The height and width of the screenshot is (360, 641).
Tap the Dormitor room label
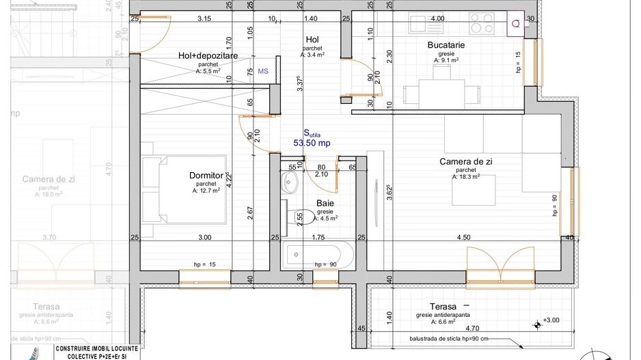click(x=206, y=176)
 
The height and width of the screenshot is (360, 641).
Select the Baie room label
click(x=325, y=203)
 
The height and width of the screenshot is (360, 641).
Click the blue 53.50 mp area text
click(x=312, y=143)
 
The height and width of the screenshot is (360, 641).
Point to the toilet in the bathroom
click(x=305, y=218)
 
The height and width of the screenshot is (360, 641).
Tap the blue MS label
click(x=263, y=70)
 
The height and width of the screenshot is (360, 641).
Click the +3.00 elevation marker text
click(x=551, y=320)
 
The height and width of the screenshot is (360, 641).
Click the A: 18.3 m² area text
click(x=465, y=177)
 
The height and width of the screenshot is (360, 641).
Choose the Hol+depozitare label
click(x=208, y=55)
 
